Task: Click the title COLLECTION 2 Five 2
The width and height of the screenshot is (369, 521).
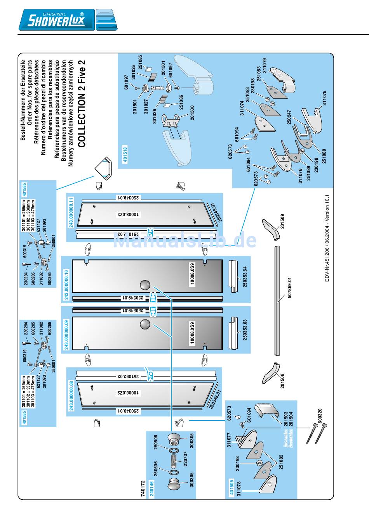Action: pos(82,104)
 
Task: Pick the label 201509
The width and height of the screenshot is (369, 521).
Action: pos(282,221)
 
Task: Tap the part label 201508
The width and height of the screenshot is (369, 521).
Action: pos(282,380)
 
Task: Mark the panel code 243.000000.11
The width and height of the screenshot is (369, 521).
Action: pos(71,213)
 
